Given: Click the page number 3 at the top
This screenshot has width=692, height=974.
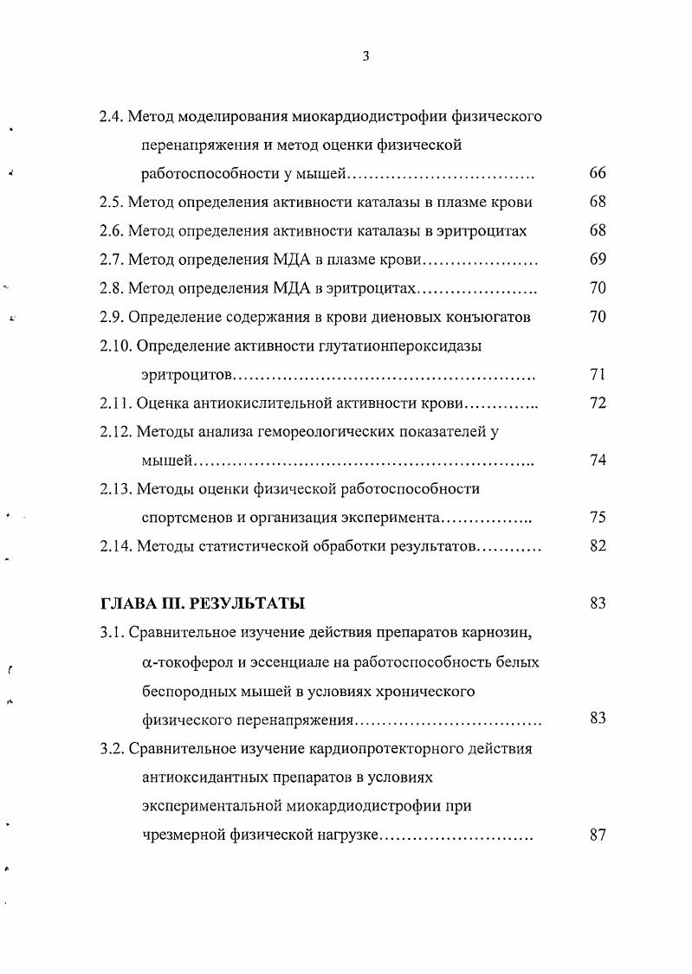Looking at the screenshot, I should pyautogui.click(x=365, y=56).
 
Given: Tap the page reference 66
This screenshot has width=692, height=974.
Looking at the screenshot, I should pyautogui.click(x=597, y=173).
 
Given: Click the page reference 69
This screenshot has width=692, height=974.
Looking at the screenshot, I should pyautogui.click(x=597, y=260).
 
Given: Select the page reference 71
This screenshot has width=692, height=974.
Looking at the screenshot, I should pyautogui.click(x=597, y=374).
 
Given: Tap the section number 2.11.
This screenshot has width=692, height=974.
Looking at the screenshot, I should pyautogui.click(x=115, y=403).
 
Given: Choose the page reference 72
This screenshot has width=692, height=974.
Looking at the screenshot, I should pyautogui.click(x=597, y=403).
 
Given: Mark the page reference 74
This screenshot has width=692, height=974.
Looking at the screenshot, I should pyautogui.click(x=597, y=460).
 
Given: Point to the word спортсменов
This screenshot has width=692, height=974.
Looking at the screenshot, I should pyautogui.click(x=184, y=518).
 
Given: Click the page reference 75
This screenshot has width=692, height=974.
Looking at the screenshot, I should pyautogui.click(x=597, y=518).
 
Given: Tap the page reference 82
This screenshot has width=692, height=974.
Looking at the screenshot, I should pyautogui.click(x=597, y=546).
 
